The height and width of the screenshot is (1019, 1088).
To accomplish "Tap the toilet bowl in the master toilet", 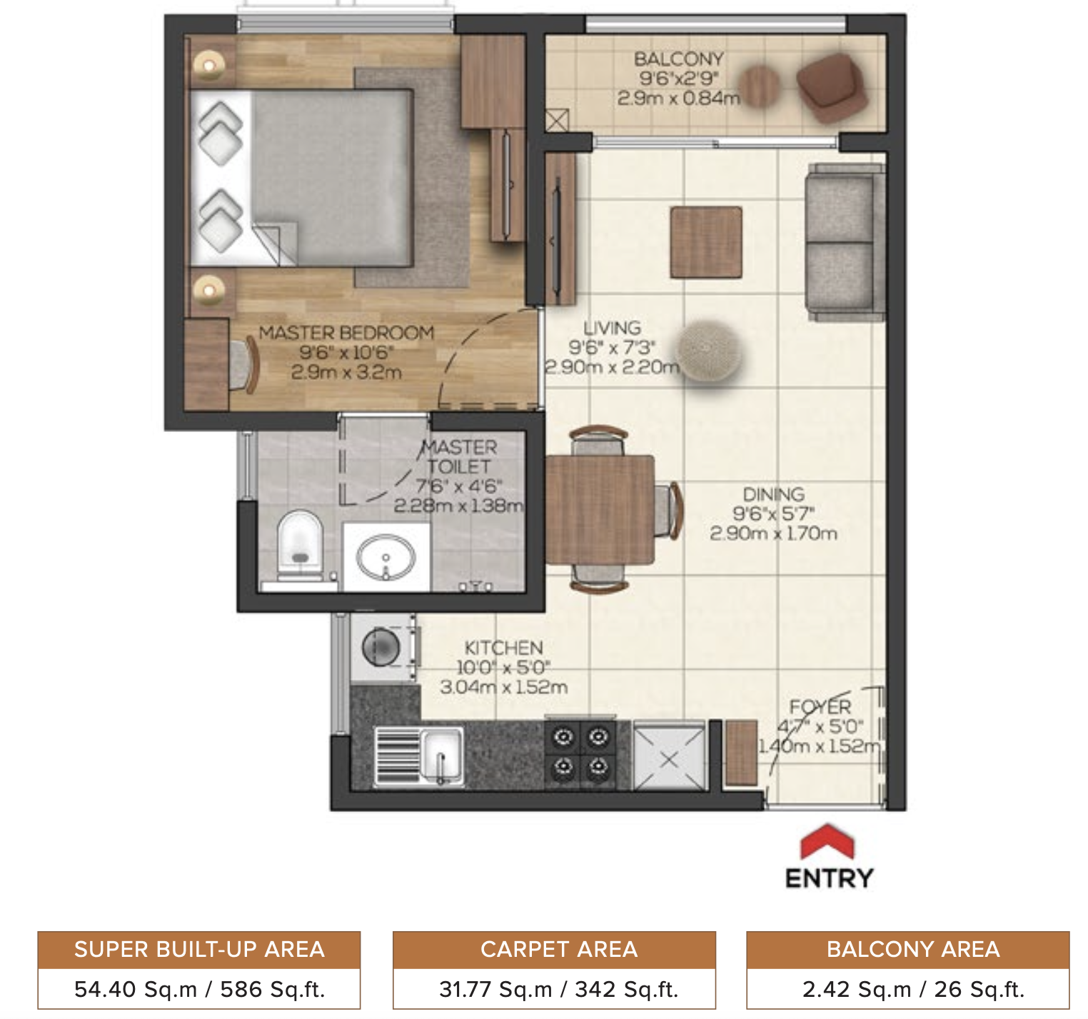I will tap(300, 543).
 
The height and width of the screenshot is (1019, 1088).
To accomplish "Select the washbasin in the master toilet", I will tap(386, 558).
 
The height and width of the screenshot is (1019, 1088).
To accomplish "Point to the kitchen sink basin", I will tap(442, 756).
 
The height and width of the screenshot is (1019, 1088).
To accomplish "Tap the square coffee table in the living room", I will tap(705, 243).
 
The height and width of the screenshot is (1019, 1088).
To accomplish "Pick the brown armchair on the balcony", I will tap(831, 86).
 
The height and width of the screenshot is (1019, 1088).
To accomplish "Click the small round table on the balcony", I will tap(759, 86).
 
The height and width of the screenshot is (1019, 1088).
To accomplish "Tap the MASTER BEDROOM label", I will tap(346, 333).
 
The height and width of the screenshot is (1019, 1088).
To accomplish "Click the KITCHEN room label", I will tap(504, 648).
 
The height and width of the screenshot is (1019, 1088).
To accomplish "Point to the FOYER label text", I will tap(820, 707).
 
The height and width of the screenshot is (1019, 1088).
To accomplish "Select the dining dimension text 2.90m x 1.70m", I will tap(773, 533).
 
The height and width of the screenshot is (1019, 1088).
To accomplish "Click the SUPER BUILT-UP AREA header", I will tap(199, 950).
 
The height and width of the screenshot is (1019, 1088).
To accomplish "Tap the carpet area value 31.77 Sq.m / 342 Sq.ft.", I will tap(558, 990).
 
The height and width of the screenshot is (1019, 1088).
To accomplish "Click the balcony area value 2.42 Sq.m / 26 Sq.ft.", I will tap(913, 990).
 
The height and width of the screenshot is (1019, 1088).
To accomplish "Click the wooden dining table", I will tap(600, 508).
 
